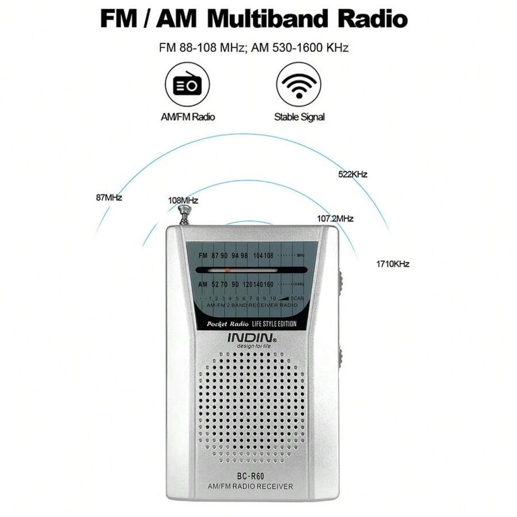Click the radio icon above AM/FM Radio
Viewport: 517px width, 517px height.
pyautogui.click(x=187, y=84)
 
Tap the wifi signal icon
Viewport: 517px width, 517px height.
pyautogui.click(x=299, y=84)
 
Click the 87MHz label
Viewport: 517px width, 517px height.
pyautogui.click(x=109, y=198)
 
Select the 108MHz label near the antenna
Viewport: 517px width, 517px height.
pyautogui.click(x=183, y=200)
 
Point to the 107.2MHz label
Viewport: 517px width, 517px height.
pyautogui.click(x=335, y=219)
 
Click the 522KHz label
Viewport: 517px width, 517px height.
pyautogui.click(x=352, y=174)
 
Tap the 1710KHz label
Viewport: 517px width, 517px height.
pyautogui.click(x=392, y=264)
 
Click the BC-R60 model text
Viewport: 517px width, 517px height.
pyautogui.click(x=251, y=475)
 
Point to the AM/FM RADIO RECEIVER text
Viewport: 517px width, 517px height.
pyautogui.click(x=250, y=487)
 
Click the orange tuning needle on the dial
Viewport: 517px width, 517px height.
pyautogui.click(x=228, y=269)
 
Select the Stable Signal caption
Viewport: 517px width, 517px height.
pyautogui.click(x=299, y=117)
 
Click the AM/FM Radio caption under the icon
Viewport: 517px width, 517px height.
pyautogui.click(x=187, y=117)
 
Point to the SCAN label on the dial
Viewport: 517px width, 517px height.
pyautogui.click(x=297, y=298)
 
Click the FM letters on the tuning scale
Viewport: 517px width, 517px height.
pyautogui.click(x=203, y=255)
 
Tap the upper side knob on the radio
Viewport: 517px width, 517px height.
pyautogui.click(x=340, y=281)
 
